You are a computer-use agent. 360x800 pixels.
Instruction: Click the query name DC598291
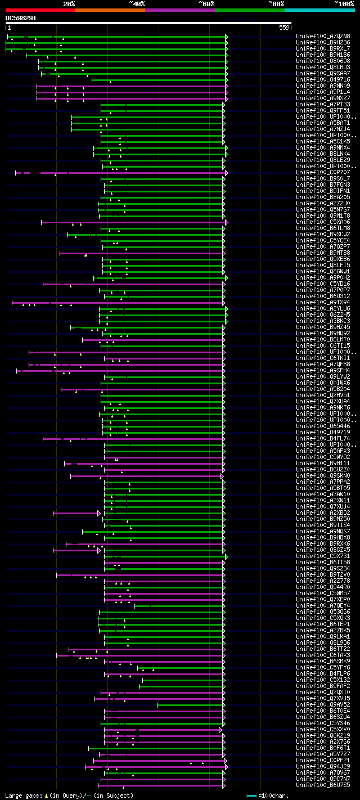(x=21, y=18)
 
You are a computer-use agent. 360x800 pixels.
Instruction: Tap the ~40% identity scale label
(x=137, y=3)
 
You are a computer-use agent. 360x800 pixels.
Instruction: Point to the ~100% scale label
(x=344, y=3)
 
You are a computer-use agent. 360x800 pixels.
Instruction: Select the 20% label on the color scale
(x=69, y=3)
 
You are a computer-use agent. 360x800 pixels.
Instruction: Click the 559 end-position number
(x=284, y=27)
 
